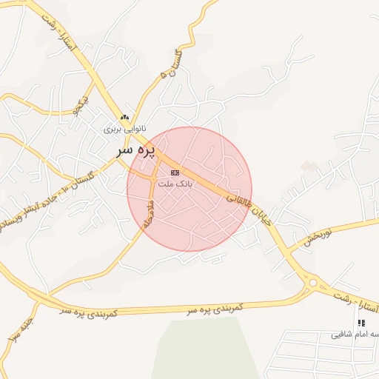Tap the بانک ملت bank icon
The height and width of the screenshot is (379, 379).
click(x=174, y=172)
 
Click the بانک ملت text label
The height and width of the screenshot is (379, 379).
click(x=175, y=183)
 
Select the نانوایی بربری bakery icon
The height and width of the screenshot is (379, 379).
click(x=125, y=118)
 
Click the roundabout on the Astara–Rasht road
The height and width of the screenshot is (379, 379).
click(x=312, y=282)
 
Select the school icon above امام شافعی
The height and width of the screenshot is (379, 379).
click(x=361, y=323)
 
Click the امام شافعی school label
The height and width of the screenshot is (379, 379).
click(x=355, y=335)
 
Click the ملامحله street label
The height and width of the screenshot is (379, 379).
click(x=147, y=212)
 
